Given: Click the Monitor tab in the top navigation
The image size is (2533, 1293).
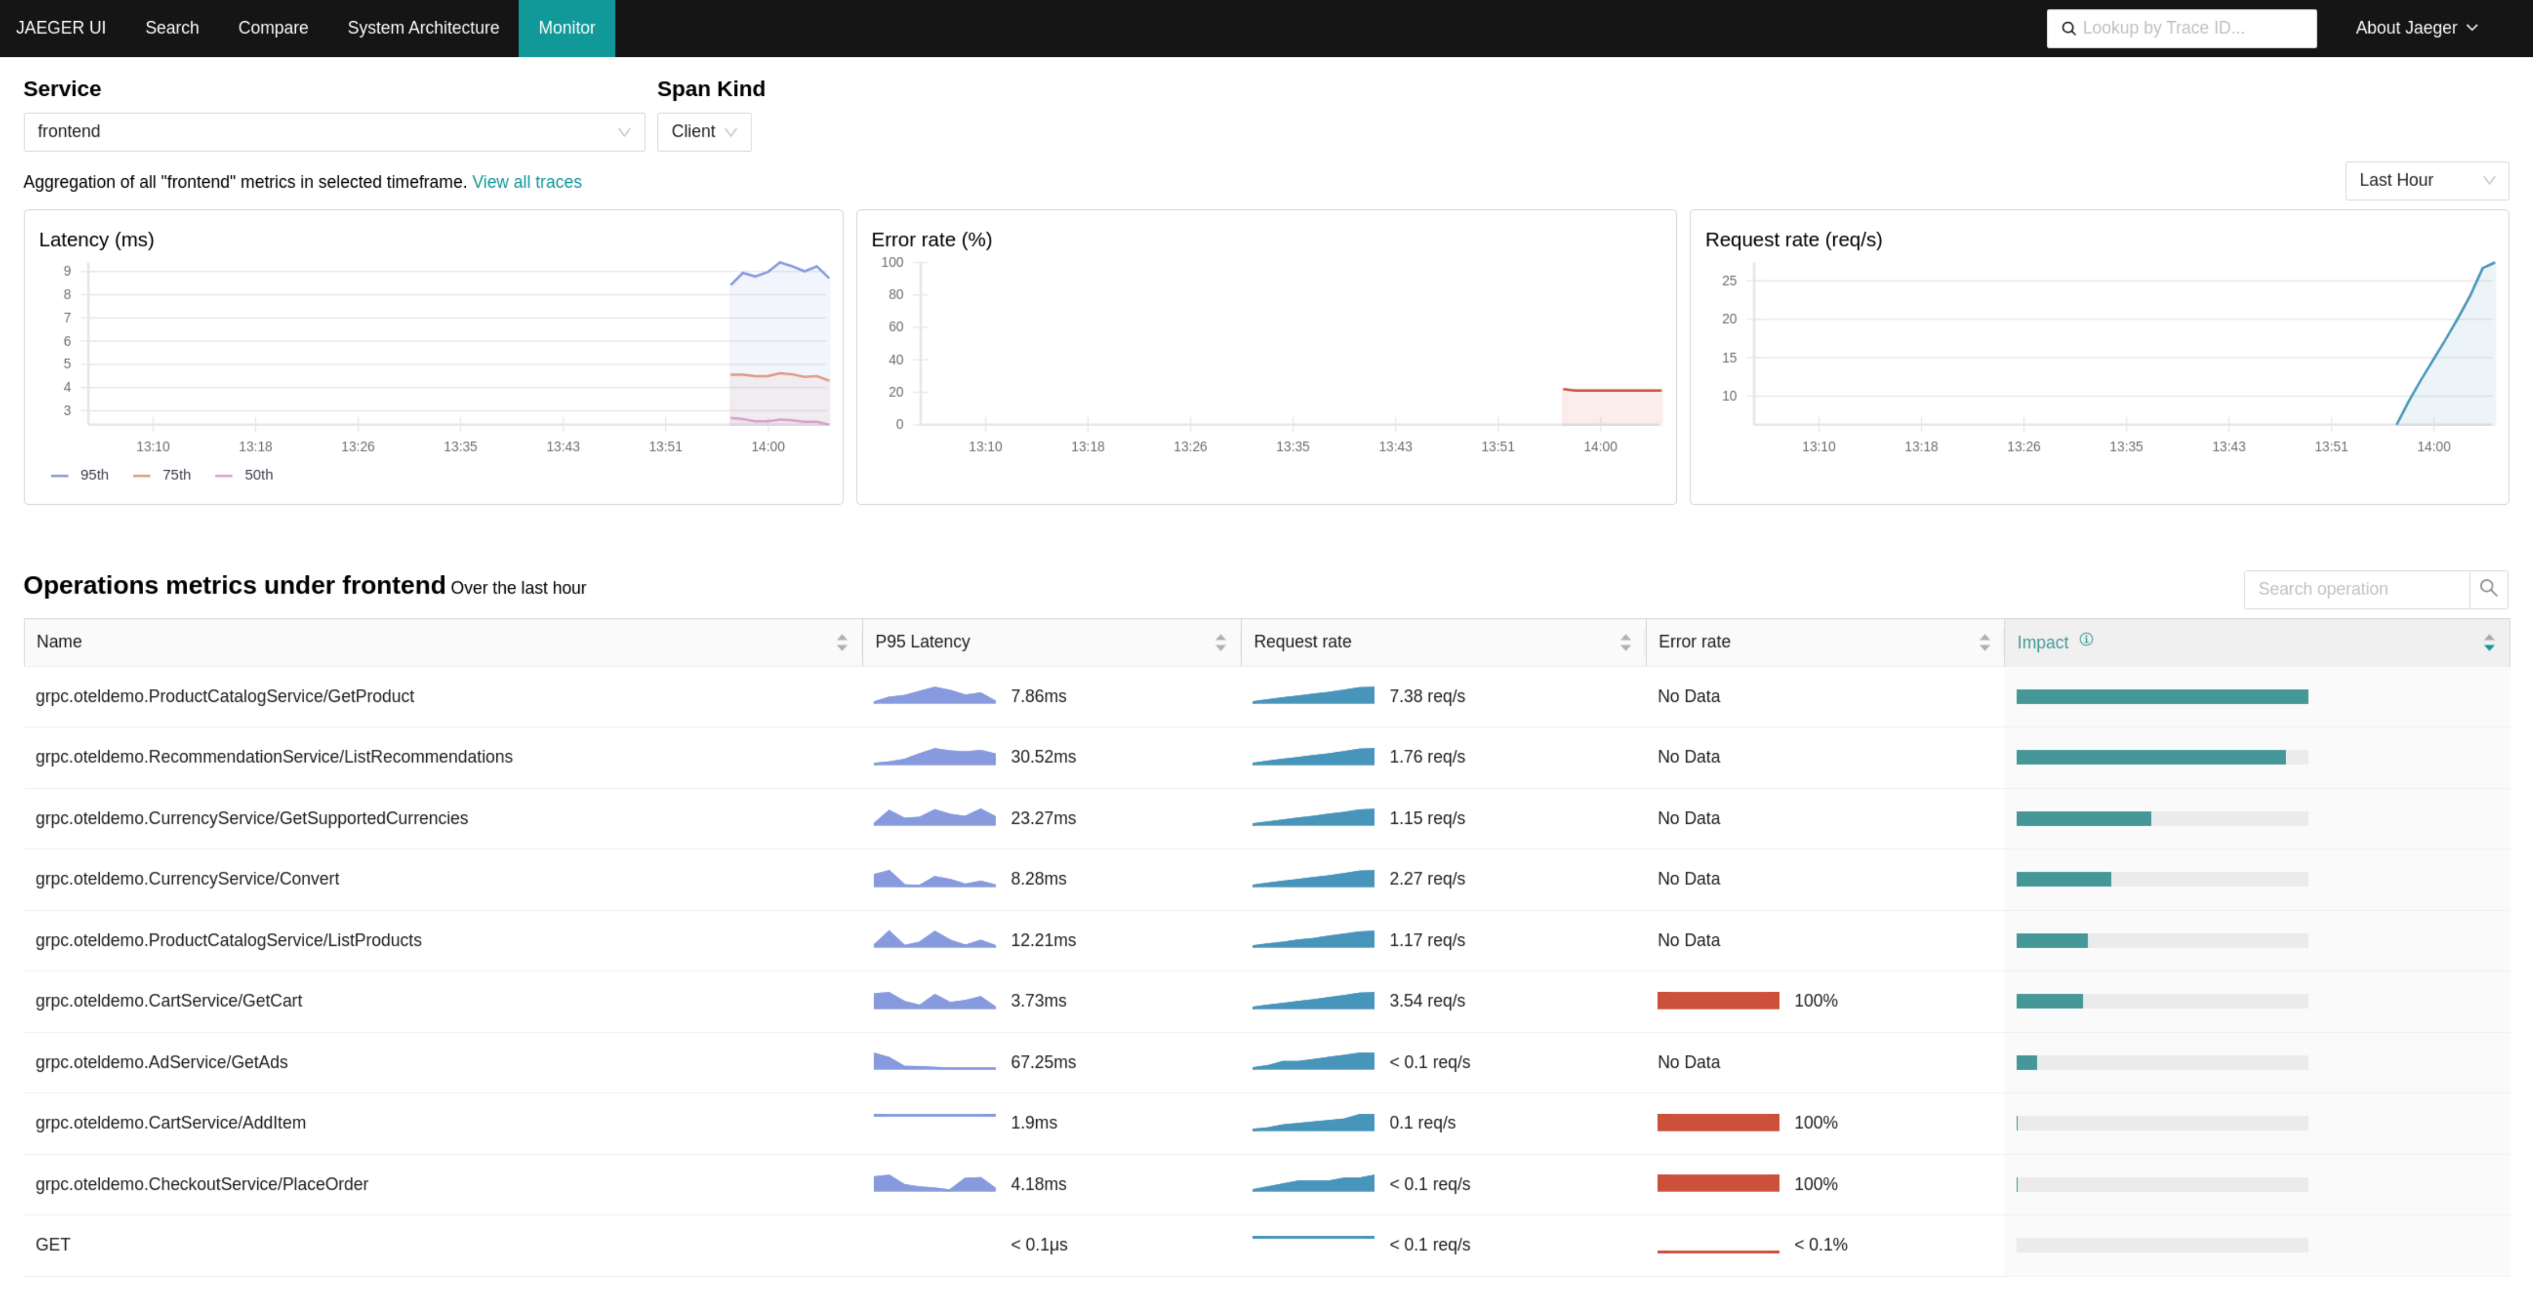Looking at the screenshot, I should click(x=567, y=27).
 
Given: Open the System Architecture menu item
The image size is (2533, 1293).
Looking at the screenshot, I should click(x=423, y=27).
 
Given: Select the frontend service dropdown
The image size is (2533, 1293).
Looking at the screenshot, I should click(x=333, y=132).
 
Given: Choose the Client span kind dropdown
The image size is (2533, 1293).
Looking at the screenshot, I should click(x=703, y=132).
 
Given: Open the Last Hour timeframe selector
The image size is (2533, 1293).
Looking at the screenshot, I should click(x=2426, y=180).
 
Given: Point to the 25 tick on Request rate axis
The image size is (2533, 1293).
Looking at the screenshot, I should click(x=1729, y=281).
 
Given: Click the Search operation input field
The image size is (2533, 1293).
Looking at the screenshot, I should click(x=2356, y=589).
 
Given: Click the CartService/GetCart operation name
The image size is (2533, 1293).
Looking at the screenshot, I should click(x=168, y=1001).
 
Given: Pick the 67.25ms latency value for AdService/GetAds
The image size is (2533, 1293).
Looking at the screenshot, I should click(x=1042, y=1062).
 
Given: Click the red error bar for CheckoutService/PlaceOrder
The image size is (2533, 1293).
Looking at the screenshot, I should click(x=1718, y=1184).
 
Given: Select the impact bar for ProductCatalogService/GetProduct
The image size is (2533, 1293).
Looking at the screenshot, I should click(x=2161, y=697).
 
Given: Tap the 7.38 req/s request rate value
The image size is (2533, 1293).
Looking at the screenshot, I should click(x=1427, y=696).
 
